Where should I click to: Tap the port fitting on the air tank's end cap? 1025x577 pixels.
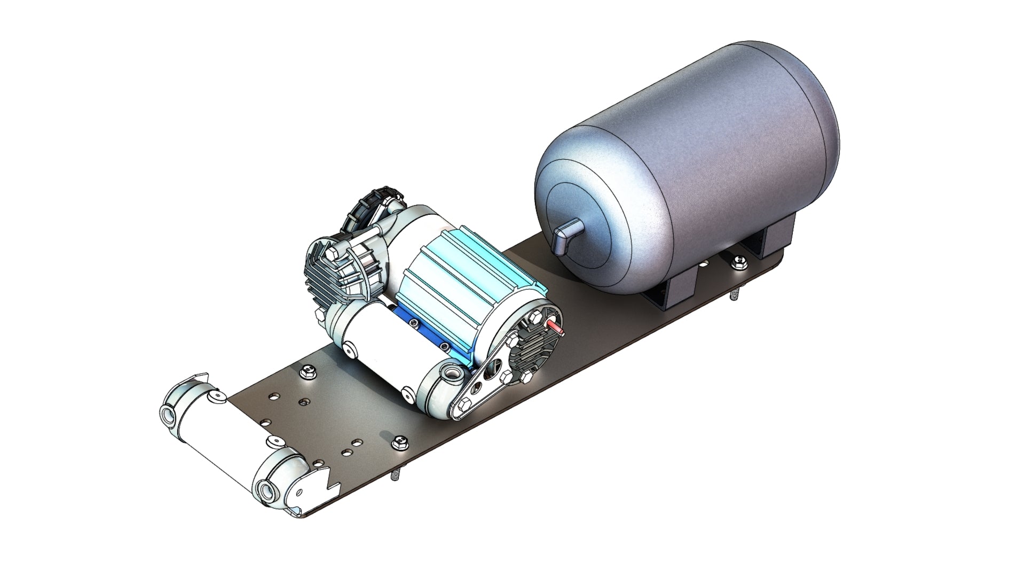[564, 235]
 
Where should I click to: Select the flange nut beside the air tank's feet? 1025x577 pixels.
[739, 260]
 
